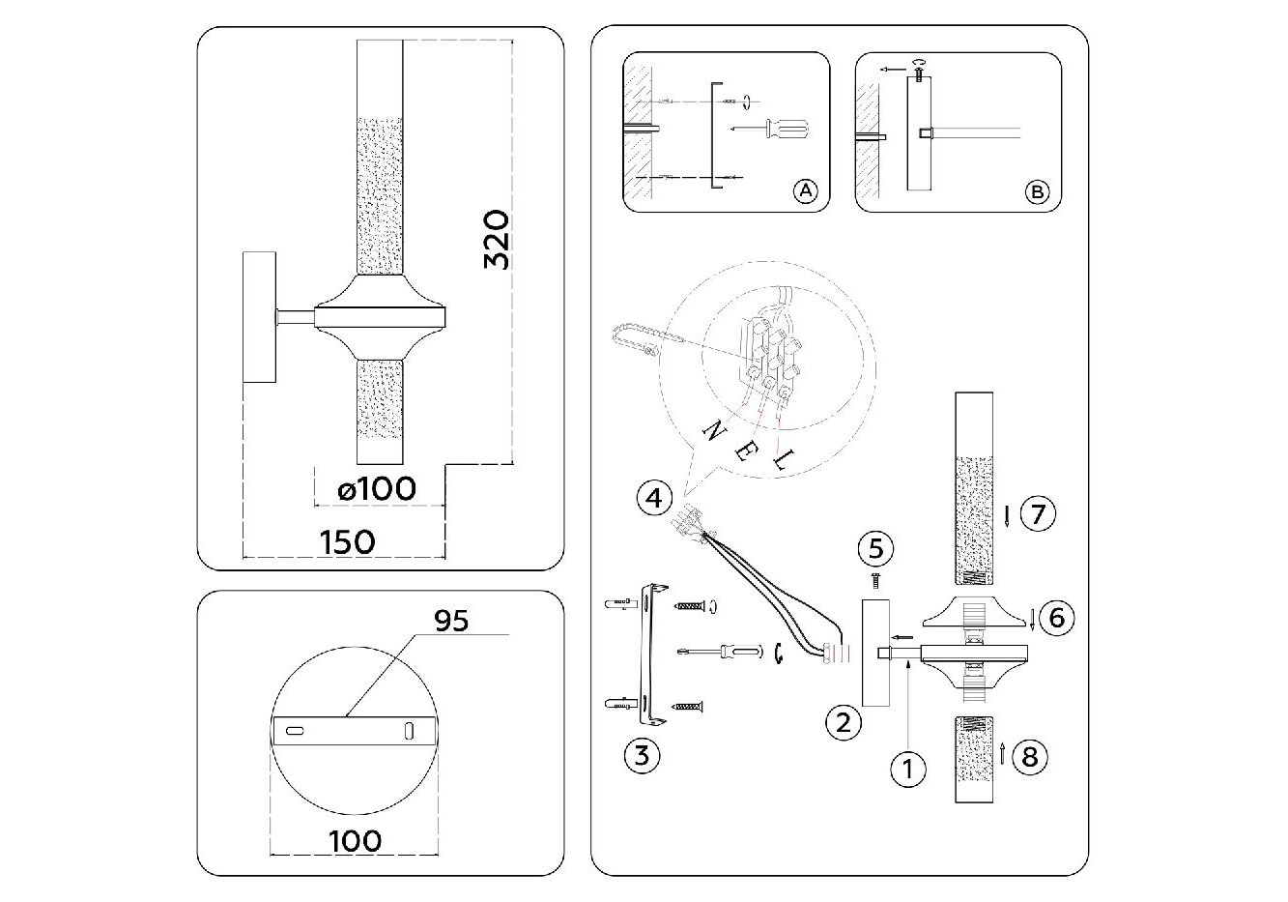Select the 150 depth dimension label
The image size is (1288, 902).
(x=346, y=540)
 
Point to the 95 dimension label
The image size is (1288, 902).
(x=450, y=620)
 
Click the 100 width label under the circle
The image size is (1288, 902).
(x=355, y=840)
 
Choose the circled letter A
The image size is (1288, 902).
(x=805, y=191)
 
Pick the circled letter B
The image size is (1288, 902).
(x=1036, y=192)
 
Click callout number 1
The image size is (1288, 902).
(x=907, y=769)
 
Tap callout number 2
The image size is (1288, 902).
(x=844, y=721)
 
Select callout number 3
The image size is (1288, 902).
(x=643, y=755)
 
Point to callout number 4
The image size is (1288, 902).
(x=654, y=499)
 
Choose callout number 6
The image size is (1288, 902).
(x=1056, y=616)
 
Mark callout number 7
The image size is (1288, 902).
(x=1037, y=513)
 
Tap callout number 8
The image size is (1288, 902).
(x=1030, y=755)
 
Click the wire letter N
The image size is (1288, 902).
(x=715, y=430)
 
